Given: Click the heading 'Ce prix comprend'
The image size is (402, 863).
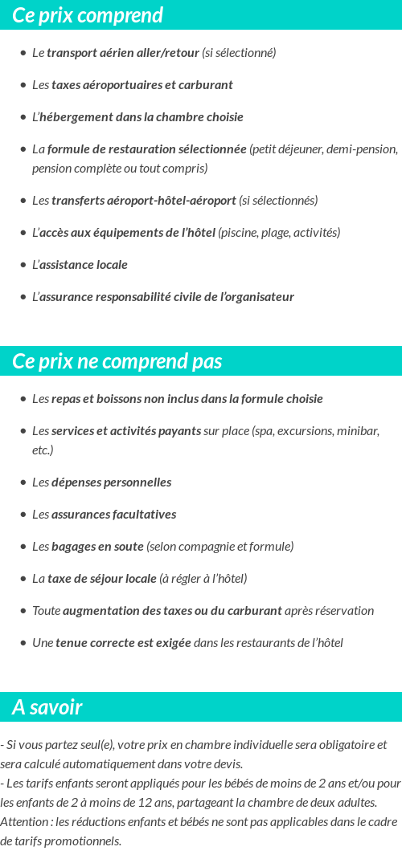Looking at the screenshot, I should (x=88, y=15).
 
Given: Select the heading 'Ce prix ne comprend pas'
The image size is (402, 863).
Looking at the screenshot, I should (x=117, y=361).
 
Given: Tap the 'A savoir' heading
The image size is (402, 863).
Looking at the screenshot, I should (x=47, y=707).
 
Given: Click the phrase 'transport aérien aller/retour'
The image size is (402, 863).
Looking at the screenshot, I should (x=122, y=53).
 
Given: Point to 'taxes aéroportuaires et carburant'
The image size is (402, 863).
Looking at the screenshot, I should (x=142, y=85).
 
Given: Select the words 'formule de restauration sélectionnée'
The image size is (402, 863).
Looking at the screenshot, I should (x=146, y=149).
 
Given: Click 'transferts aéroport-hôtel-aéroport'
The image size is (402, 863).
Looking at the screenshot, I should (x=143, y=201).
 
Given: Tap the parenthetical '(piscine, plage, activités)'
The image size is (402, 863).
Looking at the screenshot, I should (x=279, y=233).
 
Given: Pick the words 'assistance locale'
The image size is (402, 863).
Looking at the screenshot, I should (x=83, y=265).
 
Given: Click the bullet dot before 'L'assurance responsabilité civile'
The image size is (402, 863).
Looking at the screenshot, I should (x=23, y=297).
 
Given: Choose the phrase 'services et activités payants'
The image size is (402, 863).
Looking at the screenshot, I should (x=126, y=431).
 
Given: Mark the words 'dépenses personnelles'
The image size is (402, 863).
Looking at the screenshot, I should (x=111, y=482).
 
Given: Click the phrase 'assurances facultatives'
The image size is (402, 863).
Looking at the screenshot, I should (x=113, y=515).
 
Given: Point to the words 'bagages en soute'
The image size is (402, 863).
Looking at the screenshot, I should (x=97, y=547).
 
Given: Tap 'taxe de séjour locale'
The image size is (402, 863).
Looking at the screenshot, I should (x=101, y=579).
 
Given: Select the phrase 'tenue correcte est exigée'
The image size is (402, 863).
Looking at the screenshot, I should (x=123, y=643).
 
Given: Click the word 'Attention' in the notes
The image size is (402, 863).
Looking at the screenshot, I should (x=24, y=821).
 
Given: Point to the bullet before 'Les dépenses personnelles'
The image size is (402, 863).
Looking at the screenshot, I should (x=23, y=482).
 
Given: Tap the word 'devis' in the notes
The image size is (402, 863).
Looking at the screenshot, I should (x=228, y=763).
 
